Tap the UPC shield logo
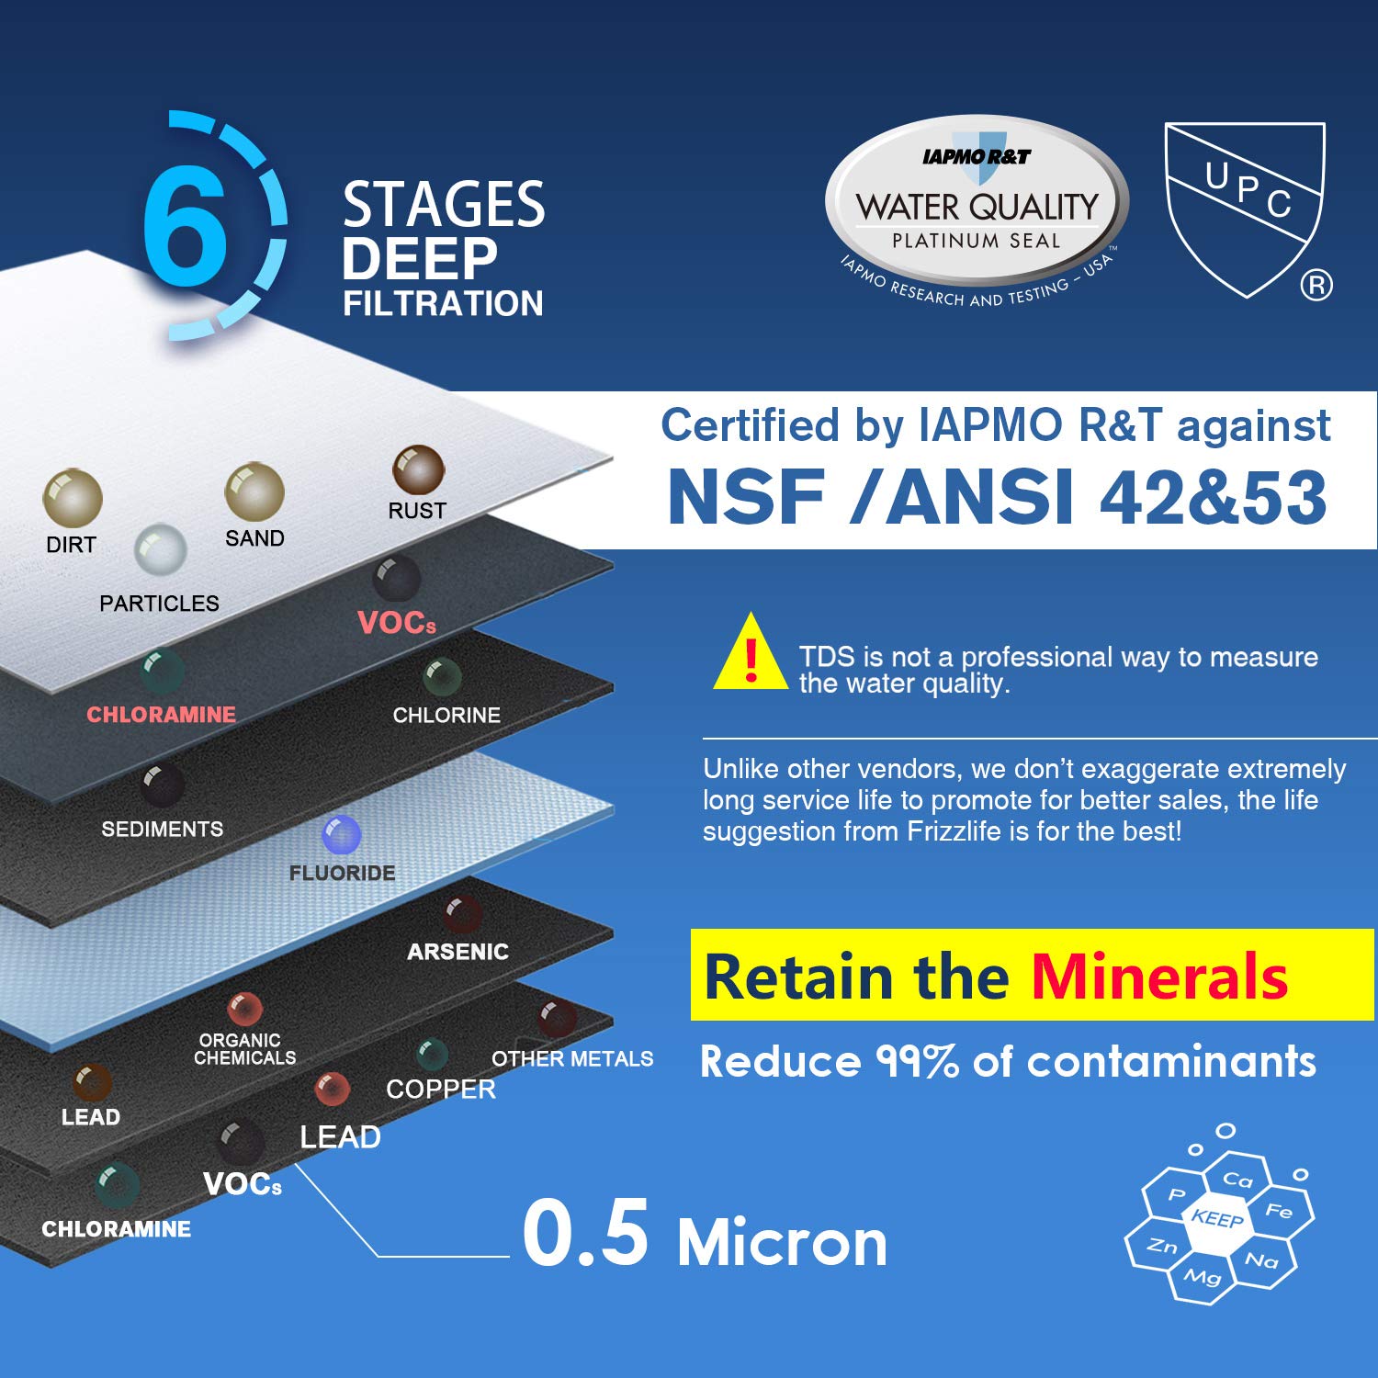[x=1245, y=207]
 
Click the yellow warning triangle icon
[x=751, y=654]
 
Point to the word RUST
[x=417, y=511]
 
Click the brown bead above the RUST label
[x=418, y=469]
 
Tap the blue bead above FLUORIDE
[x=342, y=834]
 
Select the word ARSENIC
[x=457, y=952]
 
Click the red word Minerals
[x=1158, y=976]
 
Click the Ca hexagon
[x=1237, y=1180]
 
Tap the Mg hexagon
[x=1202, y=1276]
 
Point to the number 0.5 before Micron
[x=585, y=1234]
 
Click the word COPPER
[x=441, y=1090]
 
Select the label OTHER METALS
[x=572, y=1059]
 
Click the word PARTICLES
[x=159, y=604]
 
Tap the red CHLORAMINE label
[x=161, y=715]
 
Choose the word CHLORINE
[x=446, y=716]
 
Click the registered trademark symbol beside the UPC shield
[x=1316, y=286]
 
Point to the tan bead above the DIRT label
[x=72, y=497]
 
